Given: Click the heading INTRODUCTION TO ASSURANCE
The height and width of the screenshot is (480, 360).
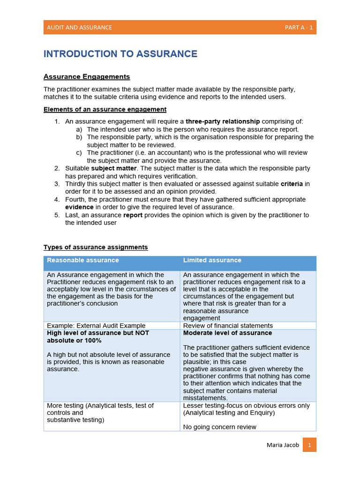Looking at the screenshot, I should point(120,54).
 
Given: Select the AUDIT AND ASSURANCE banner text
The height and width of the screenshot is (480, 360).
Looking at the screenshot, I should point(79,27).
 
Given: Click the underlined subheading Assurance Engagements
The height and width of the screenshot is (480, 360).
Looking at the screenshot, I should point(87,77).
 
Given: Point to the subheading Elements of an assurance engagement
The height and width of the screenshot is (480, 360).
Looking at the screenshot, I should point(105,110).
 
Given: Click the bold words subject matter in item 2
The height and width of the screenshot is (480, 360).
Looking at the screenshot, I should point(114,168).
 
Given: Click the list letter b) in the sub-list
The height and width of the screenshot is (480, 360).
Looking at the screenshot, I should point(79,137).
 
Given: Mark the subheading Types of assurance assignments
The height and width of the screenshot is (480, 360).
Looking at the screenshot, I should point(96,247).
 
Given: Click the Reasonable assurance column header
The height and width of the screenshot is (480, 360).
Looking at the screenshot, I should point(83,260).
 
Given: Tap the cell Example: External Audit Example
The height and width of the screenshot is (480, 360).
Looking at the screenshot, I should point(96,326).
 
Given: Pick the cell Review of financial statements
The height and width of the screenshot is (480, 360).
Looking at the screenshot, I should point(228,326).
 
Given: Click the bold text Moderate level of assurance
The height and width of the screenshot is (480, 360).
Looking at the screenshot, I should point(227,333).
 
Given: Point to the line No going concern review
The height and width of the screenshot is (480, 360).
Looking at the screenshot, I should point(219,427).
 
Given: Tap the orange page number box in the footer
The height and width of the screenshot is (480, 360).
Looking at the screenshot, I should point(309,444).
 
